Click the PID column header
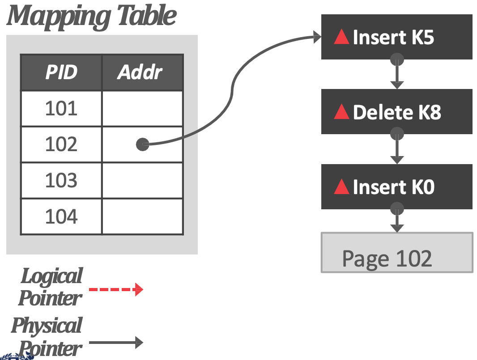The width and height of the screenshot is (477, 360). [61, 72]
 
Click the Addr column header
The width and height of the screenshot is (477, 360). [142, 72]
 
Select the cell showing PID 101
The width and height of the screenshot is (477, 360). [61, 109]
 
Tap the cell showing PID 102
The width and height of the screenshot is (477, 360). [61, 144]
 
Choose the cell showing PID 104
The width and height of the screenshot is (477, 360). [61, 216]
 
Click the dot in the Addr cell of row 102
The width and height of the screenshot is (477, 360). [142, 144]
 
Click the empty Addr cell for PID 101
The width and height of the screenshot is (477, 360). [142, 109]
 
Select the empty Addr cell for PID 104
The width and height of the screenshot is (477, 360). [142, 216]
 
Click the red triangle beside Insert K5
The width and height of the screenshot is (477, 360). [341, 37]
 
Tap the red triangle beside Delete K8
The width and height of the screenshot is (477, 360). [341, 112]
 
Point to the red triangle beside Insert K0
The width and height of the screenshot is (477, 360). [341, 186]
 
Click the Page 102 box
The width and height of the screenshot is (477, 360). [397, 253]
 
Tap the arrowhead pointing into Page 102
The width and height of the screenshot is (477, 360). [397, 229]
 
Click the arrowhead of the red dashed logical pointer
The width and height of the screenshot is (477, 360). [139, 289]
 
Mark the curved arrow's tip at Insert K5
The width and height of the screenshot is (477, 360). [321, 37]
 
